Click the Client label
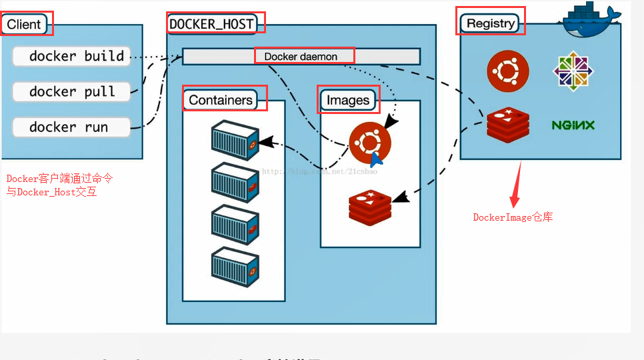(24, 25)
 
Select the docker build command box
(71, 56)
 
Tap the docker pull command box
(71, 91)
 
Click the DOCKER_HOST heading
(211, 24)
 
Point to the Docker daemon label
(301, 57)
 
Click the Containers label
(221, 100)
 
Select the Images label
(347, 100)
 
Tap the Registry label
(491, 23)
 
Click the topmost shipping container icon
(235, 139)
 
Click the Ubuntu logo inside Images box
(369, 142)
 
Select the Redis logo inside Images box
(369, 207)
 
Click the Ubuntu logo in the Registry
(507, 71)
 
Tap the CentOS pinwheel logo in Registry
(573, 71)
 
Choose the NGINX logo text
(573, 125)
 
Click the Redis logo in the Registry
(507, 125)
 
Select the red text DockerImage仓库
(513, 217)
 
